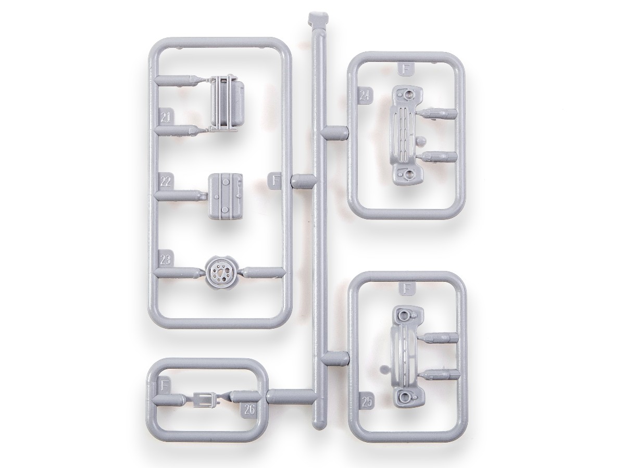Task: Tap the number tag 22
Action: tap(166, 181)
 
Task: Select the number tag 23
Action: tap(166, 259)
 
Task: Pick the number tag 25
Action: tap(367, 402)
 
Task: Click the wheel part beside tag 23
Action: tap(219, 272)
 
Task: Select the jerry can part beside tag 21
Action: tap(227, 103)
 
